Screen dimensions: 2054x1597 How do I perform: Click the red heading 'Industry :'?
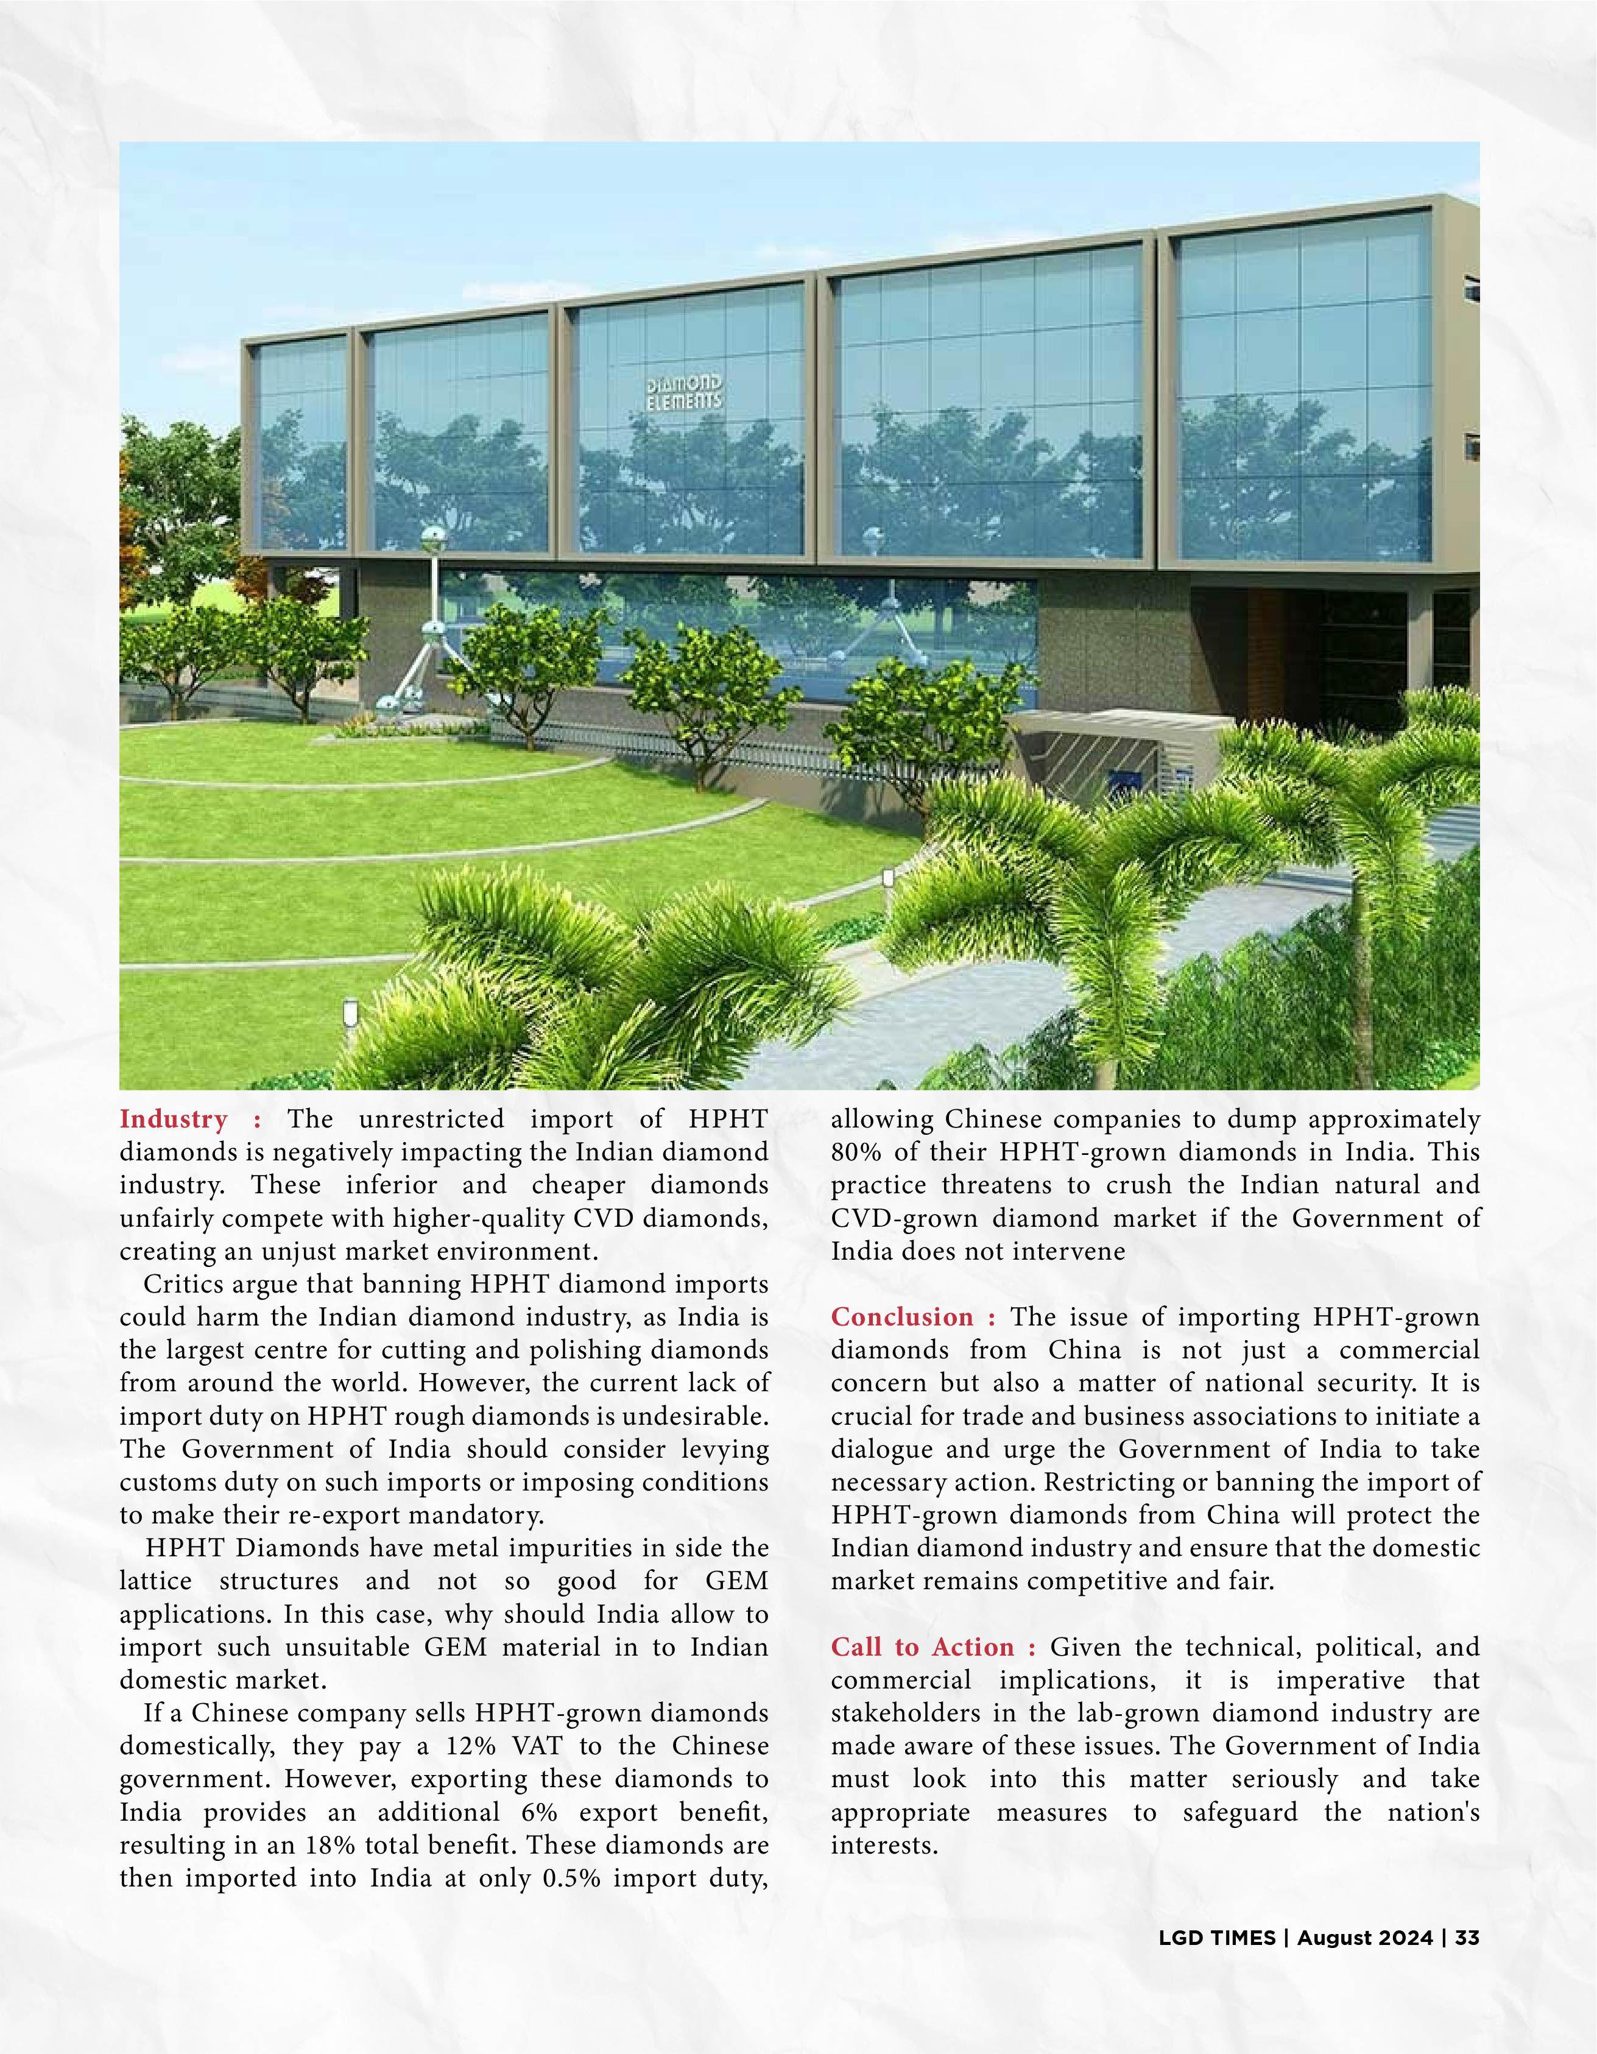[189, 1119]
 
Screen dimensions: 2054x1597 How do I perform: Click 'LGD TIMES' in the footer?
[1216, 1938]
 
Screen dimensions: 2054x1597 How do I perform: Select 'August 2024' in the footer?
[1365, 1938]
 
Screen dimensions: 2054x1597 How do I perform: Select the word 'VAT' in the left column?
[538, 1746]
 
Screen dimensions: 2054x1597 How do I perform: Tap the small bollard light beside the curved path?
[887, 880]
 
